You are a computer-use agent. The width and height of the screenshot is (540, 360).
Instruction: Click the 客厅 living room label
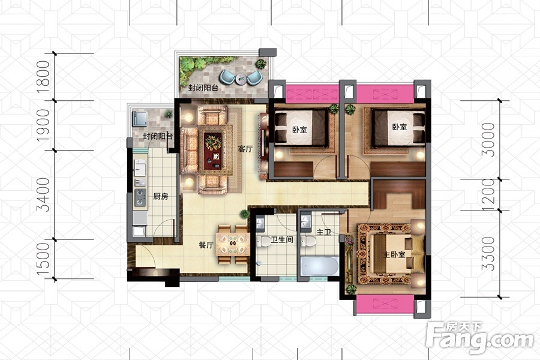tap(245, 149)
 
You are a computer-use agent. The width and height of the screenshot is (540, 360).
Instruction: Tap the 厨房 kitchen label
tap(161, 196)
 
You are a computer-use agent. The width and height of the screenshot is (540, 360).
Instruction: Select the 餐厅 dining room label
tap(206, 245)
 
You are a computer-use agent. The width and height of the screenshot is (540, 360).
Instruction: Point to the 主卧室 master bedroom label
tap(394, 254)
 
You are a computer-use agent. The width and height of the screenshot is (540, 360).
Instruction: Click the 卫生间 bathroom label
tap(282, 240)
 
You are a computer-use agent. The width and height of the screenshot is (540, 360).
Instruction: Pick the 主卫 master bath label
tap(324, 233)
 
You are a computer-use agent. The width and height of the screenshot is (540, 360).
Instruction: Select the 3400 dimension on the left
tap(44, 194)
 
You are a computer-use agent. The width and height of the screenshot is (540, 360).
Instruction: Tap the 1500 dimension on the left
tap(44, 259)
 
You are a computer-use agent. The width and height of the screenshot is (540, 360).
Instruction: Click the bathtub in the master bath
tap(320, 266)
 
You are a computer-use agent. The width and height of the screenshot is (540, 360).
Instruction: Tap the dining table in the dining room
tap(233, 244)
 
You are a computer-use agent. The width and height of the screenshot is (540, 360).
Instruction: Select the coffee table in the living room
tap(213, 151)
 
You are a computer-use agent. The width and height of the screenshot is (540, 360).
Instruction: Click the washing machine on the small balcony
tap(140, 119)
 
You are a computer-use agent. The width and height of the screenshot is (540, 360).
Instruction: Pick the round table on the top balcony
tap(241, 79)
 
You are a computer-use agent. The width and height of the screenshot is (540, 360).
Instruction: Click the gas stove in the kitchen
tap(140, 197)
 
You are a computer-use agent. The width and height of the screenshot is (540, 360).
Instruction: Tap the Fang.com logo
tap(480, 336)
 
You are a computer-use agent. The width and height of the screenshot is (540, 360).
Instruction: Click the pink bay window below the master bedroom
tap(385, 304)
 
